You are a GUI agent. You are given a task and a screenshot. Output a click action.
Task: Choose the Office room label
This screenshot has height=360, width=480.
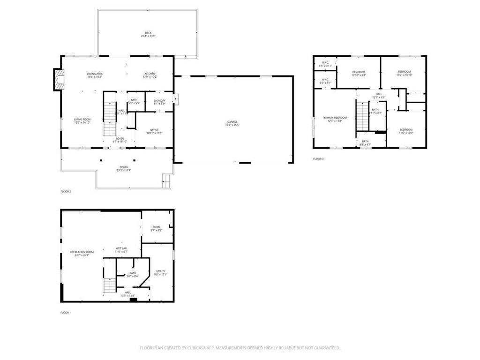pos(154,131)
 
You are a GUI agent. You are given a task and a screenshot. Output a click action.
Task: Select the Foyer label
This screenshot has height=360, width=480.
pos(120,139)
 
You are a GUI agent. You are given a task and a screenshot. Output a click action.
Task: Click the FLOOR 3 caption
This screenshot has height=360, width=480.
pos(318,159)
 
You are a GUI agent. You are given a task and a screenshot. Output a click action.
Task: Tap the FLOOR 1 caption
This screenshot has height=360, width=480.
pos(66,312)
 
